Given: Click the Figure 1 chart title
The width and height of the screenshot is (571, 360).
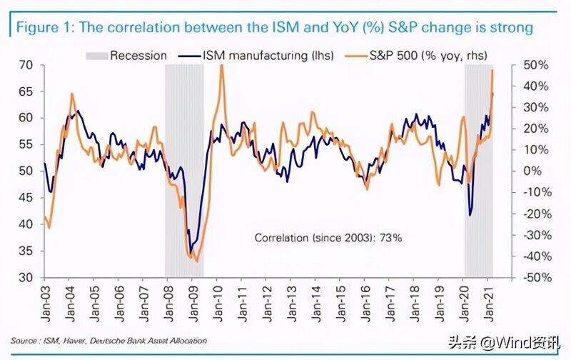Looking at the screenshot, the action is [x=275, y=27].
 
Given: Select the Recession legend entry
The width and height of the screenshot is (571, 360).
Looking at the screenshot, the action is [x=126, y=56].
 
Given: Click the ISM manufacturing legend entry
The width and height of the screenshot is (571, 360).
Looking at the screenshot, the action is [x=256, y=56].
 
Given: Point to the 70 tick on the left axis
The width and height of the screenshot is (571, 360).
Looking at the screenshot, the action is [x=26, y=65].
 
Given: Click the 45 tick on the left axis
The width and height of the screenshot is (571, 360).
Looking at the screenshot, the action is [x=26, y=198].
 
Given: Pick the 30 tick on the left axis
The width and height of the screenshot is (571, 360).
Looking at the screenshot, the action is [x=26, y=278].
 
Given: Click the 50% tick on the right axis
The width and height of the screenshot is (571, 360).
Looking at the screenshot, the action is [x=536, y=65].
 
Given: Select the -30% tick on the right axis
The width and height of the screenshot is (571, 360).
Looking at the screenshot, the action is [x=537, y=236].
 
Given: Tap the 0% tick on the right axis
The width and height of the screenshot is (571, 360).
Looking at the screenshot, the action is [x=532, y=171].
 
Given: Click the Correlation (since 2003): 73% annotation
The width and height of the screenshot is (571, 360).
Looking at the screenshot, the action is [x=328, y=238].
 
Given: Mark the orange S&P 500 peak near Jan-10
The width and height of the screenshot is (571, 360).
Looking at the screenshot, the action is [x=221, y=66].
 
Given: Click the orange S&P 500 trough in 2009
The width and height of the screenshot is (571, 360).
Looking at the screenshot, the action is [x=197, y=261].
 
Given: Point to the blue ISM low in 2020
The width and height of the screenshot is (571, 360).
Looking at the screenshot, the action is [x=470, y=215].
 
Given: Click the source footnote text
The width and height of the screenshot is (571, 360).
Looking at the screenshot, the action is [x=108, y=341].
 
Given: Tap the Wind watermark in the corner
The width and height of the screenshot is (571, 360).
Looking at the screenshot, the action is [x=505, y=343].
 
